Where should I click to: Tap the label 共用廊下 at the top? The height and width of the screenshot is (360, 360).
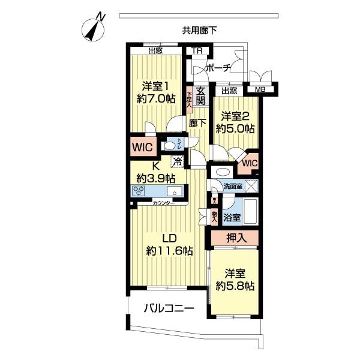click(199, 29)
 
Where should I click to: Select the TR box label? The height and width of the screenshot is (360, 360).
click(196, 51)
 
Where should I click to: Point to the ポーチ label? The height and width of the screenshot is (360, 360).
click(218, 68)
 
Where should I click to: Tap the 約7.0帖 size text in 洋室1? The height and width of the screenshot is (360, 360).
click(156, 99)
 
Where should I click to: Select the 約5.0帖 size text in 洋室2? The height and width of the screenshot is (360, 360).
click(236, 128)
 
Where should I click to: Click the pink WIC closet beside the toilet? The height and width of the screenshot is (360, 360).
click(143, 146)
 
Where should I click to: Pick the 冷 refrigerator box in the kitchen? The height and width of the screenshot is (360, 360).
click(177, 160)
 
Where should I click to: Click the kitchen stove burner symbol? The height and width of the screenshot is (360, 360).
click(139, 191)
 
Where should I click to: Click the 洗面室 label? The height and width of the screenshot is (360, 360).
click(233, 187)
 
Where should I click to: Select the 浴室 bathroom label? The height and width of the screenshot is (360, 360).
click(232, 217)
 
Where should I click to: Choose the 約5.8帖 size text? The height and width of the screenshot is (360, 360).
click(235, 286)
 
